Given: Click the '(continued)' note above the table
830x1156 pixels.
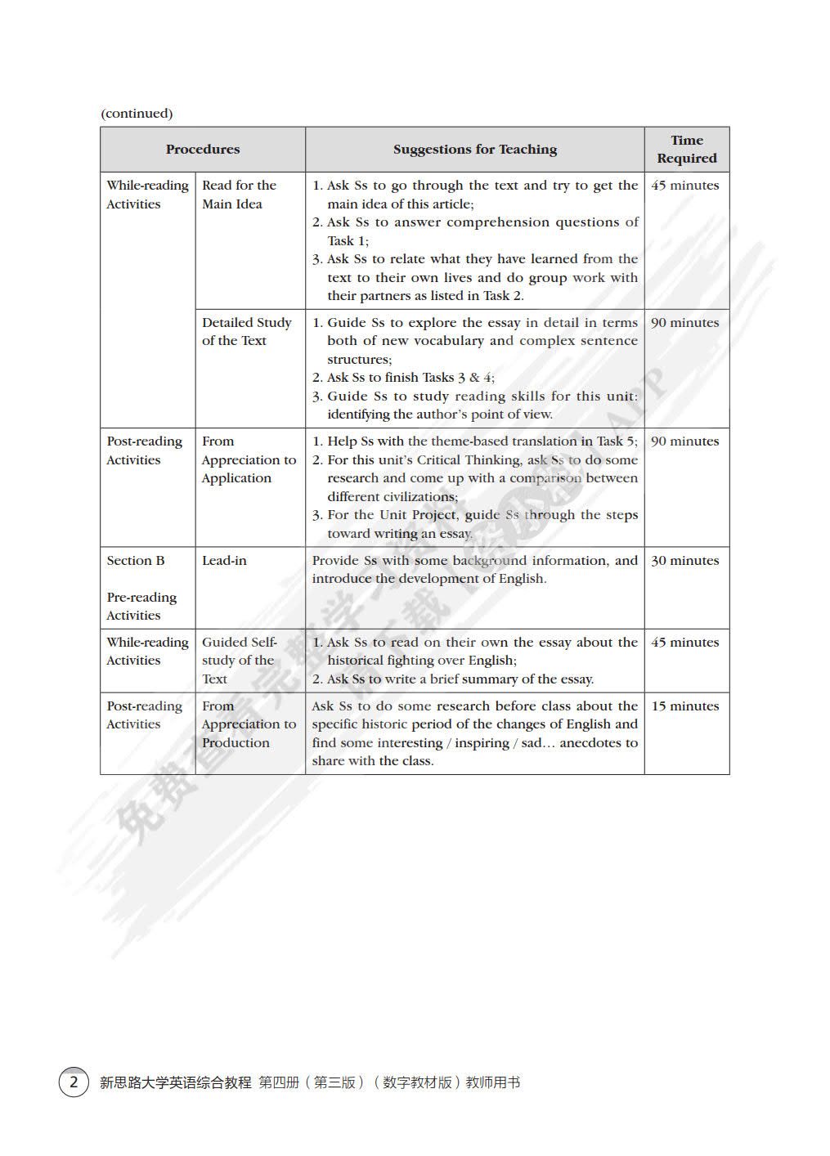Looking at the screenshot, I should (137, 113).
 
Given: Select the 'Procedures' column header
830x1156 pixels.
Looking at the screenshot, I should (203, 149).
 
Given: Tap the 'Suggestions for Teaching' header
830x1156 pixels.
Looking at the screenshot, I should (474, 149).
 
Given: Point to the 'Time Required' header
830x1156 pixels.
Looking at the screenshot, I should (686, 149).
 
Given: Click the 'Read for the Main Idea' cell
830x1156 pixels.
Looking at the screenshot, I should (239, 195).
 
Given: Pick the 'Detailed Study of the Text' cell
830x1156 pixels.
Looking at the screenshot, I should (246, 331).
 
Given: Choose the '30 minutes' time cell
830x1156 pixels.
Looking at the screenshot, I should (684, 560).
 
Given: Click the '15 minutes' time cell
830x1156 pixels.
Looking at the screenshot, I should (684, 706).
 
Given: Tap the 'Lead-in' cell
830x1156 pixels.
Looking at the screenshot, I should (224, 560).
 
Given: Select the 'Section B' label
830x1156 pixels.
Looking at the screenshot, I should (136, 560).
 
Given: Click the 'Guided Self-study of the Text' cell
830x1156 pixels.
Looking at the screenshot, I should (239, 661).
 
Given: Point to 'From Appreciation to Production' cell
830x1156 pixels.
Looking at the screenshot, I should (249, 724).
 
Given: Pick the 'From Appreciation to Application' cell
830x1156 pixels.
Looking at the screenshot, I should (249, 459).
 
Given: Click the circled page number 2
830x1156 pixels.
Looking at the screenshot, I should (74, 1082).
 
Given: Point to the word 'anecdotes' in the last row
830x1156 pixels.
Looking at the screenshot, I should (590, 742).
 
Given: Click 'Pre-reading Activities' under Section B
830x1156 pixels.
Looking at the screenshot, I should (141, 606).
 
